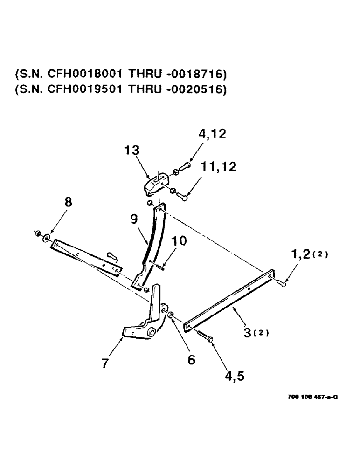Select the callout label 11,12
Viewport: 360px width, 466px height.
218,166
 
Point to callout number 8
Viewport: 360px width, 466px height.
69,204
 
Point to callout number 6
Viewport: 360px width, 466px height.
191,360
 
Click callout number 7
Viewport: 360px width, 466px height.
106,363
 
